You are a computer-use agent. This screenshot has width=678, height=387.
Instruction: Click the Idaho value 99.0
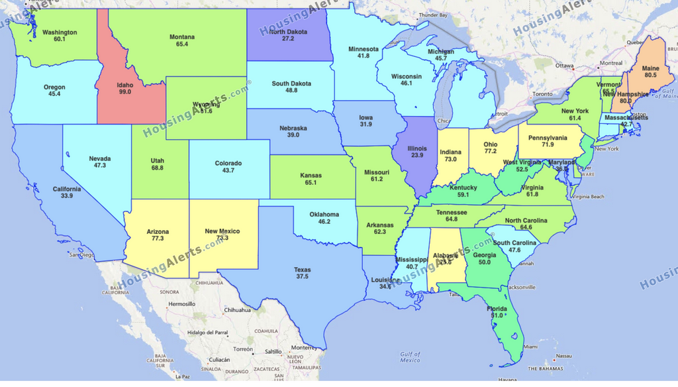tap(124, 92)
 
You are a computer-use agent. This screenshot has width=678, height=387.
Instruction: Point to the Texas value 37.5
tap(302, 277)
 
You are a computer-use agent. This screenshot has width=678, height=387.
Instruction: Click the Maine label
tap(650, 68)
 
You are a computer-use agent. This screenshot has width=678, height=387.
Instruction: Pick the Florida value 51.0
tap(497, 316)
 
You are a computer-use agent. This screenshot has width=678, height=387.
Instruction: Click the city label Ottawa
tap(563, 66)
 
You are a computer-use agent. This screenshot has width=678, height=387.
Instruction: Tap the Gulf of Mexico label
tap(410, 357)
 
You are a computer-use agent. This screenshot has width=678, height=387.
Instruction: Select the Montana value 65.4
tap(182, 44)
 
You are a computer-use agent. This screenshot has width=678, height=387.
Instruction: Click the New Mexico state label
tap(222, 231)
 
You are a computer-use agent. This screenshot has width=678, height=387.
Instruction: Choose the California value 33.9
tap(67, 197)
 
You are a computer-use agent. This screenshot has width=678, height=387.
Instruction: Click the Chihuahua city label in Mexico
tap(236, 309)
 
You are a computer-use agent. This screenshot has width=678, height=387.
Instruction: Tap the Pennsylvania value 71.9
tap(548, 144)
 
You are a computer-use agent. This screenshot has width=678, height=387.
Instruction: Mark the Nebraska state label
tap(293, 128)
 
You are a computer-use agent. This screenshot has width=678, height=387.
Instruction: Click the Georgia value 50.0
tap(484, 263)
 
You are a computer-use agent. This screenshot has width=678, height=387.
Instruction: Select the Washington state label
tap(60, 32)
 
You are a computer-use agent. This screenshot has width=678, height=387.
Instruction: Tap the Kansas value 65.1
tap(311, 183)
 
